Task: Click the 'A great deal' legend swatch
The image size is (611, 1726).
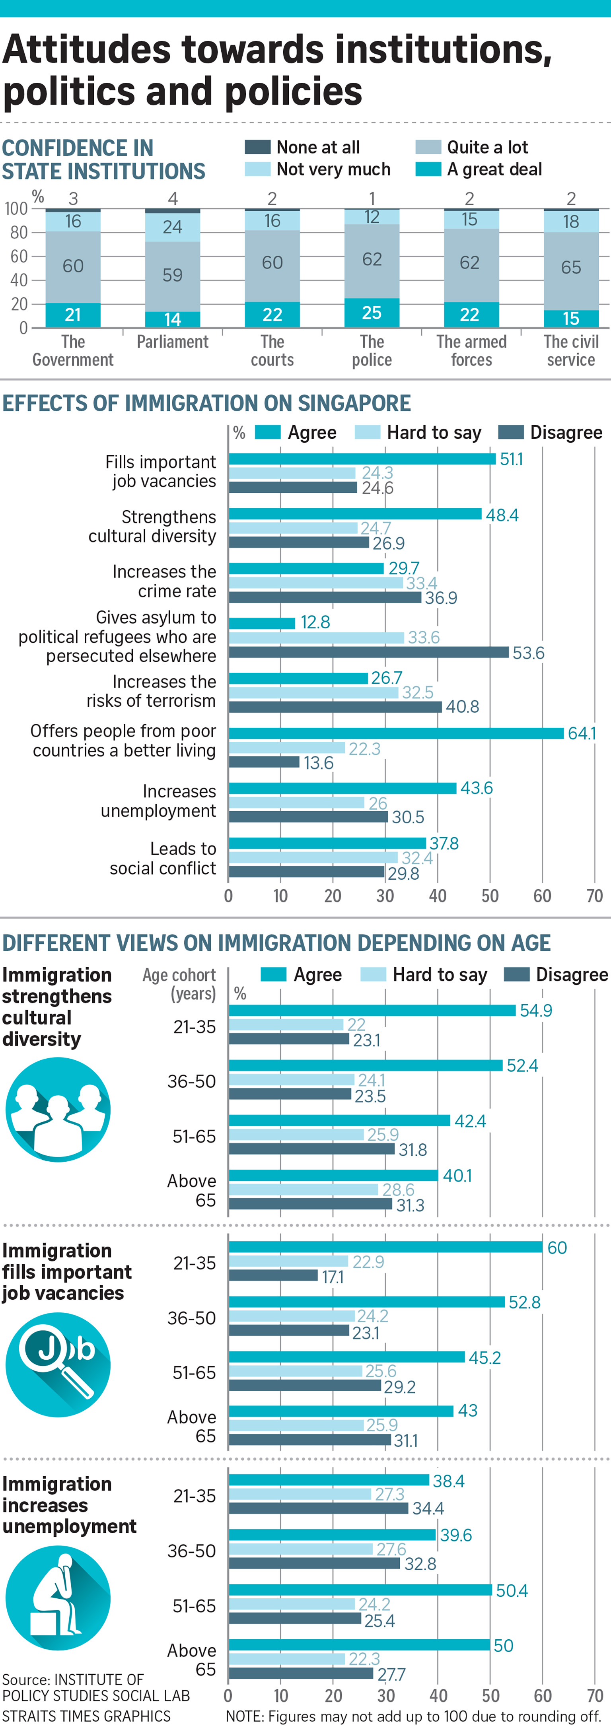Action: click(428, 169)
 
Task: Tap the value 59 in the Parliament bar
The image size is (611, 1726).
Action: click(172, 275)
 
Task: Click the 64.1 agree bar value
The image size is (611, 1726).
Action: click(582, 733)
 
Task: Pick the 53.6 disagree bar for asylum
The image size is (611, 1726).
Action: click(368, 652)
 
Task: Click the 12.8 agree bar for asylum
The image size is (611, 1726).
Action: click(262, 623)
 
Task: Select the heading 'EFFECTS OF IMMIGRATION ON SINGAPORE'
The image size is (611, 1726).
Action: click(206, 403)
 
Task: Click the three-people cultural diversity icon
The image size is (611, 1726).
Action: click(58, 1109)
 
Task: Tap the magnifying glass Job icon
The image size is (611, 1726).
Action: click(58, 1365)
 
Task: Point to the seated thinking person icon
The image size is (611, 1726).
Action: click(58, 1598)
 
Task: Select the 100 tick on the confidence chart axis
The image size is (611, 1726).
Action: click(16, 209)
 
